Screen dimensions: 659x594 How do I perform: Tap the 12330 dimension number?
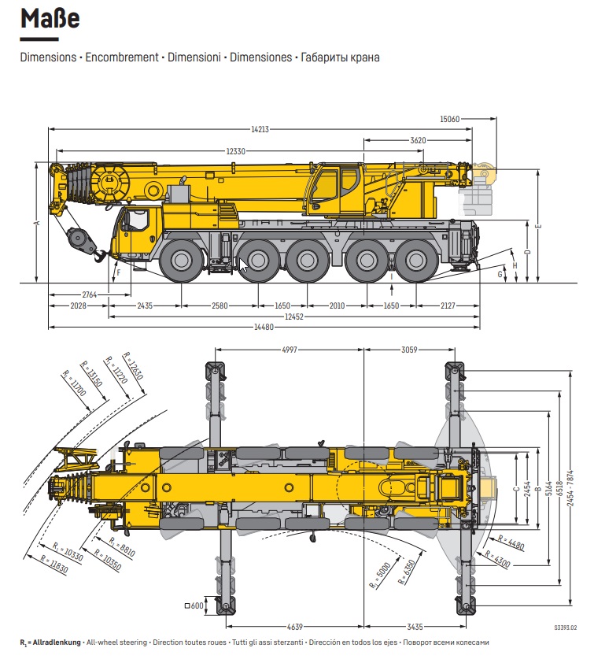tap(235, 150)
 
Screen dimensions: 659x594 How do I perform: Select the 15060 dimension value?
tap(449, 119)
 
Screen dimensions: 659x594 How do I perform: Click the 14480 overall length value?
tap(264, 327)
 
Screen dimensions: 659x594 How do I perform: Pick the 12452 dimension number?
tap(294, 317)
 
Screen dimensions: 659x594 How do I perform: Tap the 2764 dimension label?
tap(89, 294)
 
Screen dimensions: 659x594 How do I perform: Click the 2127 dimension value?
tap(448, 305)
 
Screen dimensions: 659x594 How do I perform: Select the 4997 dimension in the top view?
tap(289, 350)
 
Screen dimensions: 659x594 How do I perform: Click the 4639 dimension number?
tap(294, 627)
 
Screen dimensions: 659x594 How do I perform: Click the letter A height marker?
tap(36, 223)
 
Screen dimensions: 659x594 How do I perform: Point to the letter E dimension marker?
tap(539, 226)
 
